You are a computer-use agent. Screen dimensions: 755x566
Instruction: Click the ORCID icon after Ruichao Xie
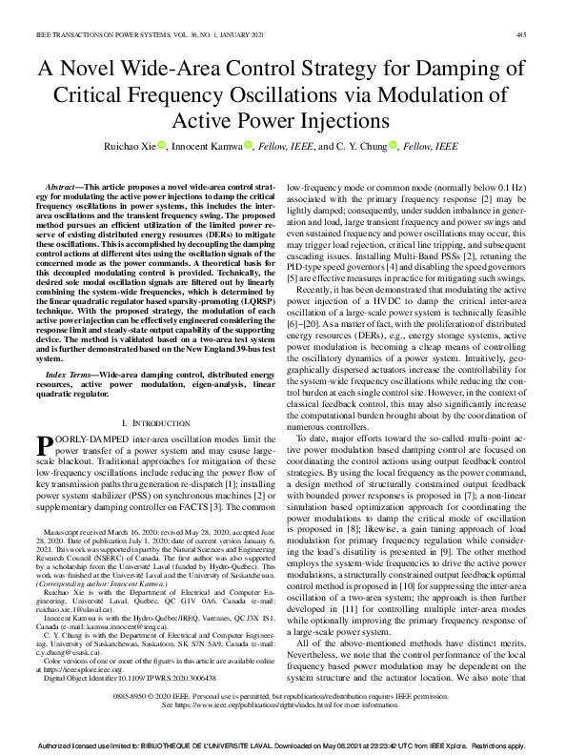(162, 145)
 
